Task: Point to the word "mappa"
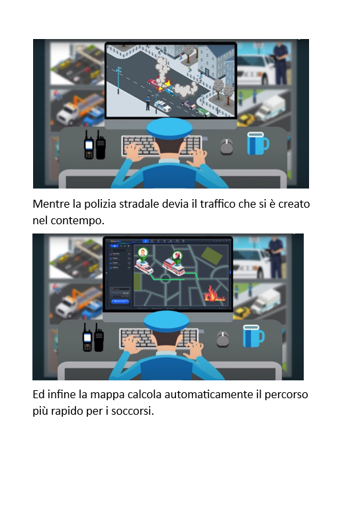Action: pos(107,395)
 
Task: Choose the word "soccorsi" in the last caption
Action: pos(132,411)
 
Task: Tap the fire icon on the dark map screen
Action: pos(214,294)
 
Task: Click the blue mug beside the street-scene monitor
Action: pos(258,144)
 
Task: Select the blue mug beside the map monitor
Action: pos(253,336)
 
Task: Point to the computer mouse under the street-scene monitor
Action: pos(227,146)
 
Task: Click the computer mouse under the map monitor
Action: pos(223,339)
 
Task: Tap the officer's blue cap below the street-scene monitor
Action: pos(169,128)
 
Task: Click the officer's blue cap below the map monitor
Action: pos(166,321)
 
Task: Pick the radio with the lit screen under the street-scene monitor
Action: pos(89,145)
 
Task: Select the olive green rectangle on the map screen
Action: pos(212,255)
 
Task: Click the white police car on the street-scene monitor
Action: pos(162,106)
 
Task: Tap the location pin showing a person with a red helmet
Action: pos(177,257)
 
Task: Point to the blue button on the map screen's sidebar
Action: pos(120,302)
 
